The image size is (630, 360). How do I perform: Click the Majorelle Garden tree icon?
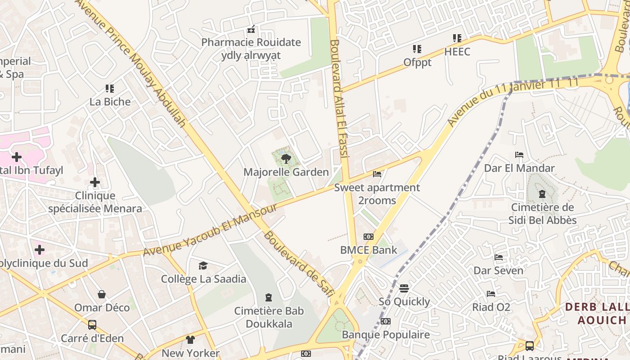click(x=286, y=159)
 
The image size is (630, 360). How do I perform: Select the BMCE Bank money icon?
click(x=369, y=237)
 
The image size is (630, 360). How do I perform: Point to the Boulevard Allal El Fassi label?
click(x=339, y=99)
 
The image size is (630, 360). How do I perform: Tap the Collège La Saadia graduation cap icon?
click(x=203, y=265)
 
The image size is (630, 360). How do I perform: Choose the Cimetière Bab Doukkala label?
click(x=269, y=317)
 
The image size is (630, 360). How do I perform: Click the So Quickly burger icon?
click(x=404, y=288)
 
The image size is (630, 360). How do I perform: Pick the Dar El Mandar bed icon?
click(x=519, y=155)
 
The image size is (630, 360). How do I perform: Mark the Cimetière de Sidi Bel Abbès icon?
click(x=542, y=194)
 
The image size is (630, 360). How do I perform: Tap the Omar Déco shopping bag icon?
click(x=102, y=294)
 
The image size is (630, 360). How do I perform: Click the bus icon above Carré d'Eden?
click(x=92, y=324)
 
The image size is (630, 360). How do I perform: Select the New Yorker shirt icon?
click(x=190, y=340)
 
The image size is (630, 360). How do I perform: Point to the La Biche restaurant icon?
click(x=110, y=88)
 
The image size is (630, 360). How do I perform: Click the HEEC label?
click(x=457, y=52)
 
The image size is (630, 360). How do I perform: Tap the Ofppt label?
click(x=417, y=63)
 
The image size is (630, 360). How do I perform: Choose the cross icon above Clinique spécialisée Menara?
click(x=95, y=182)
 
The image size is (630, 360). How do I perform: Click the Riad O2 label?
click(x=491, y=307)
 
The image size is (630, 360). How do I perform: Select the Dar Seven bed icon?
click(x=499, y=257)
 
